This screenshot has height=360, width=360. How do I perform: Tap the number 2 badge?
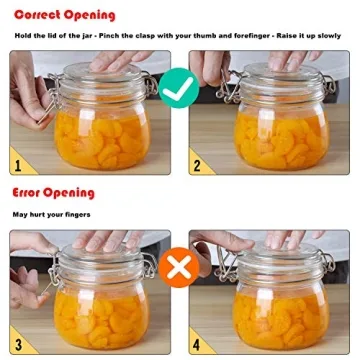197,161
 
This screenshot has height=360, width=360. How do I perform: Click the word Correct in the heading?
38,15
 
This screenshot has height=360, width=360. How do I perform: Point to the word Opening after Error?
73,191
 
